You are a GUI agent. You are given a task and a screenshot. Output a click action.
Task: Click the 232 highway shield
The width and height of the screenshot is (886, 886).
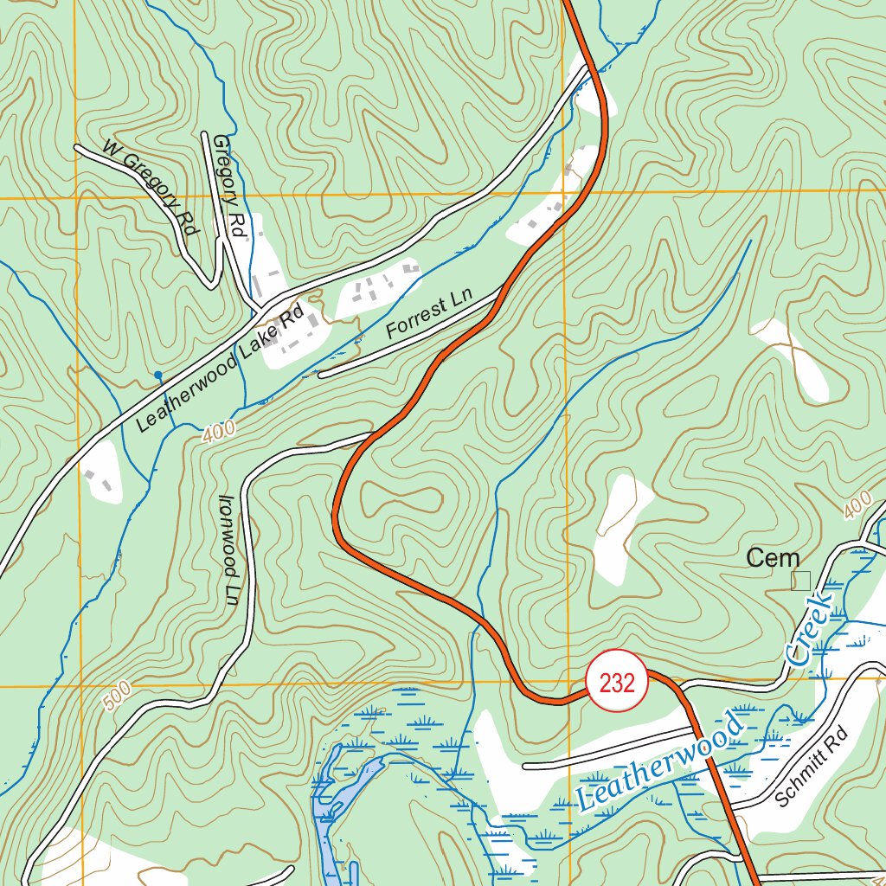pyautogui.click(x=616, y=684)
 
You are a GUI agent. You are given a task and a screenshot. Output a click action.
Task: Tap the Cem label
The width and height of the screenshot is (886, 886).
pyautogui.click(x=773, y=559)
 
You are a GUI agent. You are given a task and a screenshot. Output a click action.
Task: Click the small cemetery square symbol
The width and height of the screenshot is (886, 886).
pyautogui.click(x=801, y=581)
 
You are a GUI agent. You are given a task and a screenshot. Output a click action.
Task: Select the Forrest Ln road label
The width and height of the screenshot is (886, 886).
pyautogui.click(x=429, y=317)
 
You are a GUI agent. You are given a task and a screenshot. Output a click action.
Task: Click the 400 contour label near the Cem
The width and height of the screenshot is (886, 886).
pyautogui.click(x=858, y=503)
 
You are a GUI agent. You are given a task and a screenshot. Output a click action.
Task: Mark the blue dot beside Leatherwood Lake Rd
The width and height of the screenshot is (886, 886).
pyautogui.click(x=157, y=376)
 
